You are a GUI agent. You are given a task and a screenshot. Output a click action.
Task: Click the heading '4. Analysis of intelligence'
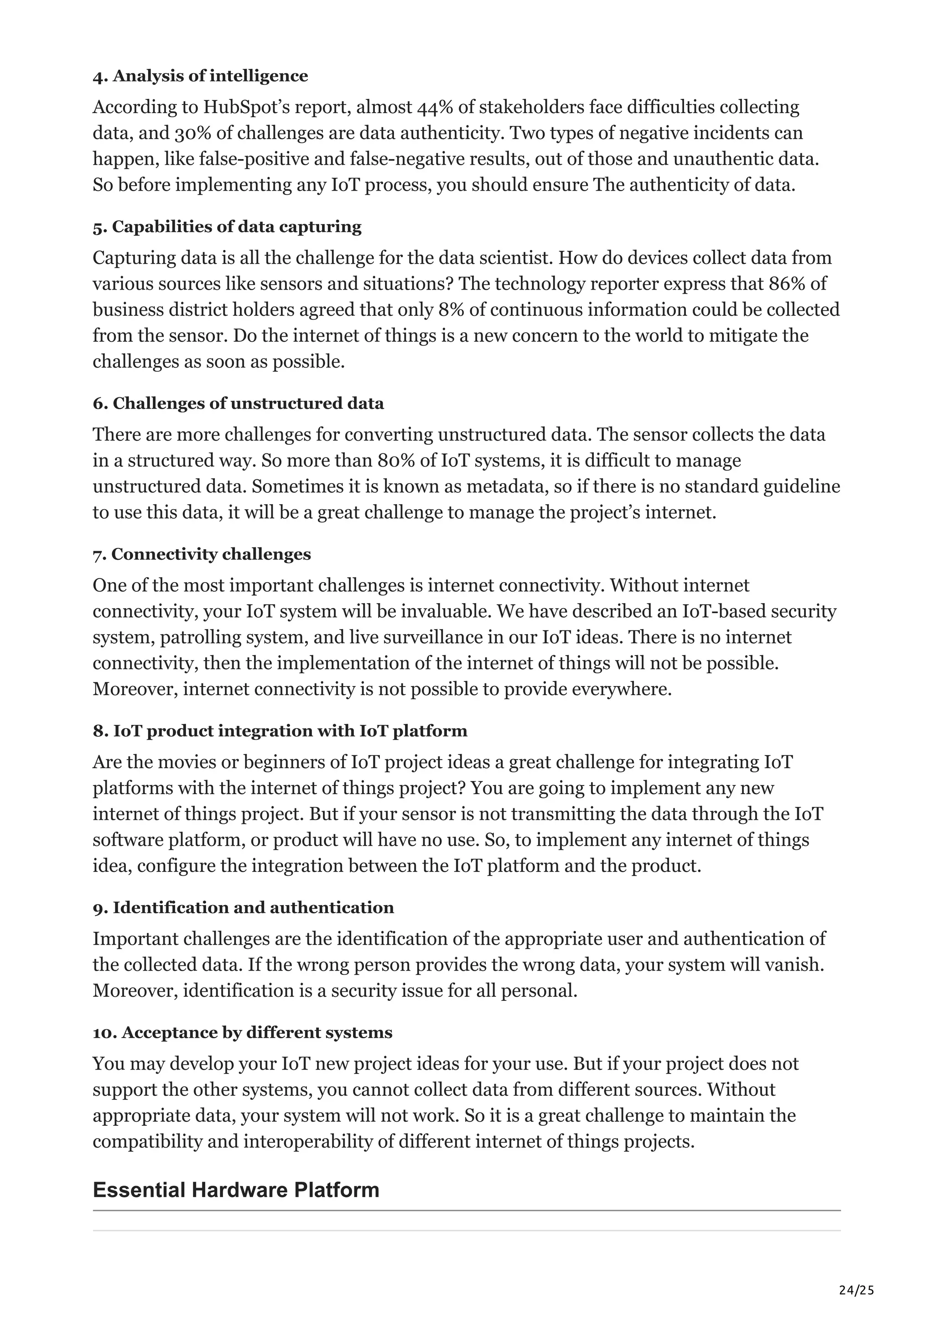[x=200, y=76]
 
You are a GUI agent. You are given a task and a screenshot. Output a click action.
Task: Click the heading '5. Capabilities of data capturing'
[x=227, y=227]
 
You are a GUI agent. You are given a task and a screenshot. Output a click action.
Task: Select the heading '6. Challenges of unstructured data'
[x=238, y=404]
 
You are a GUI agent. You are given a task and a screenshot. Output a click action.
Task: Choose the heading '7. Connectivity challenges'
[x=202, y=554]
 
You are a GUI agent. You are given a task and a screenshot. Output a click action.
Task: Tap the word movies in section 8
[x=184, y=762]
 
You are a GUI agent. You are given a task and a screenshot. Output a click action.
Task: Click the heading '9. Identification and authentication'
[x=244, y=908]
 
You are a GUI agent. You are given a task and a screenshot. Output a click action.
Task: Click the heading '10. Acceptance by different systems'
[x=242, y=1033]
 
